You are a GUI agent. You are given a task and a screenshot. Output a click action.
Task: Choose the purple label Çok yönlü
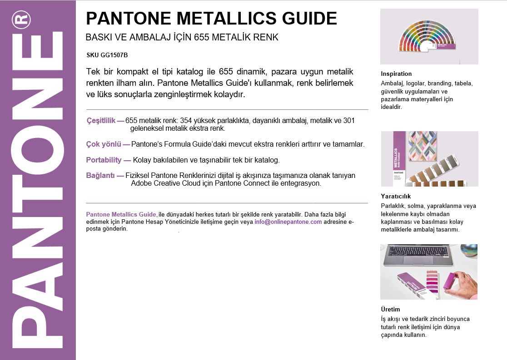pyautogui.click(x=104, y=144)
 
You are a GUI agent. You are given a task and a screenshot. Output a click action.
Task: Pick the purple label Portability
pyautogui.click(x=104, y=160)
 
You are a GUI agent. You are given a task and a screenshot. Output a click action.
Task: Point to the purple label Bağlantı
pyautogui.click(x=100, y=176)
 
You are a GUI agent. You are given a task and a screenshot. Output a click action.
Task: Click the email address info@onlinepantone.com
pyautogui.click(x=288, y=222)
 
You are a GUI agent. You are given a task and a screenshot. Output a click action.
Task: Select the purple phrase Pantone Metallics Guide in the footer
pyautogui.click(x=121, y=214)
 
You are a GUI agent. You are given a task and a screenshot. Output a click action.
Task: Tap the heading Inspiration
pyautogui.click(x=396, y=74)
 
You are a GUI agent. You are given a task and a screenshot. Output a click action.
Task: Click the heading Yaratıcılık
pyautogui.click(x=396, y=196)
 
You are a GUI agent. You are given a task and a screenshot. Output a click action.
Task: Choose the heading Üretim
pyautogui.click(x=390, y=309)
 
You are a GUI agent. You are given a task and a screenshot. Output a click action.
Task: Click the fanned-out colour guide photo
pyautogui.click(x=429, y=37)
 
